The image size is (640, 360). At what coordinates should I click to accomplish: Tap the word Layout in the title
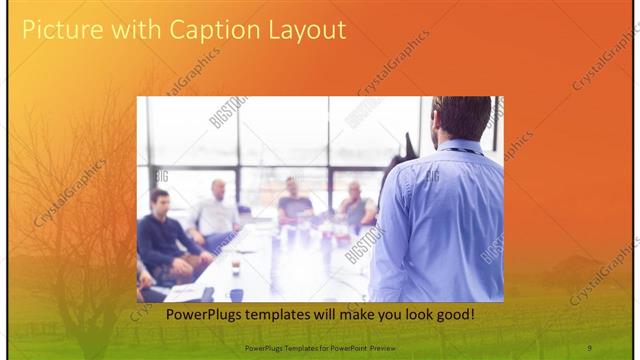tap(299, 30)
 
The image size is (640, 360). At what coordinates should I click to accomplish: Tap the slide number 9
tap(589, 346)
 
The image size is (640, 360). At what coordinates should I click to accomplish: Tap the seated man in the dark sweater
tap(165, 240)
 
